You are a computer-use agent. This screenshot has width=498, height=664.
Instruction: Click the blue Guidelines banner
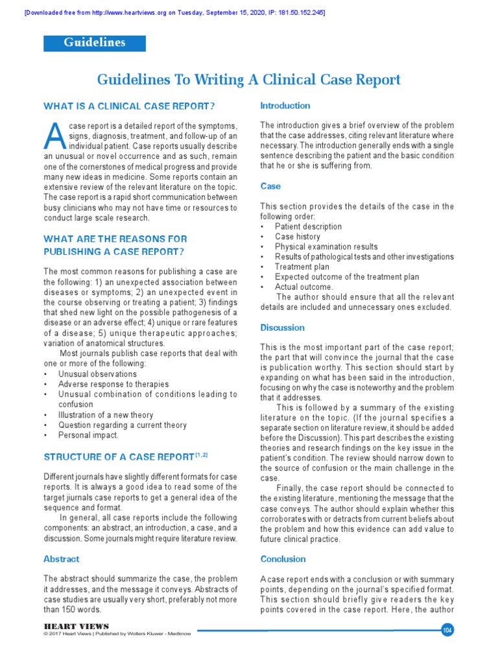tap(95, 43)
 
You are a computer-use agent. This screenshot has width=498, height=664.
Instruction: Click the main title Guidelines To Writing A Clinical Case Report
tap(249, 80)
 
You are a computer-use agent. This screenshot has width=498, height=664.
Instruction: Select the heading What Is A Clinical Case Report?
tap(129, 106)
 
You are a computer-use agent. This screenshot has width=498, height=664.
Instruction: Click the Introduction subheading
tap(285, 106)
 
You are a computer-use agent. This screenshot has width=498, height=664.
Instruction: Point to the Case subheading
tap(270, 186)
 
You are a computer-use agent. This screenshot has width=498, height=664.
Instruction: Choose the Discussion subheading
tap(282, 327)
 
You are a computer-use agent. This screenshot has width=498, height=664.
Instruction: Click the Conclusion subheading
tap(283, 559)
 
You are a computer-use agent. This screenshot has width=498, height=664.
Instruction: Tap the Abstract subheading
tap(62, 559)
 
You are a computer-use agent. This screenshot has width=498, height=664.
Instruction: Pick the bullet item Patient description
tap(308, 227)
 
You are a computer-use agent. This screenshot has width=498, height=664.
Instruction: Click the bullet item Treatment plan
tap(302, 267)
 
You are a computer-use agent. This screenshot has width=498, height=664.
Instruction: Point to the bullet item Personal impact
tap(89, 435)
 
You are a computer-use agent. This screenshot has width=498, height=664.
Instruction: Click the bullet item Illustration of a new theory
tap(106, 415)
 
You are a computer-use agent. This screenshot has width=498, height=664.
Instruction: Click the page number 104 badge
tap(446, 630)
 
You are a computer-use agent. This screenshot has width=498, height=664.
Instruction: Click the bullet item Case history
tap(298, 237)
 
